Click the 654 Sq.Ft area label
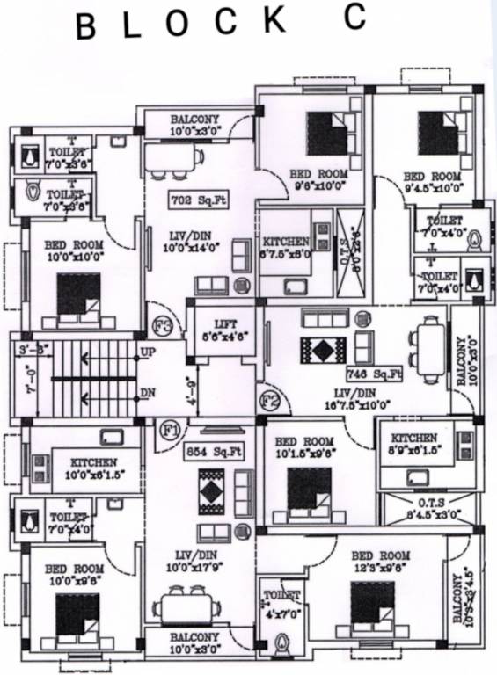pyautogui.click(x=214, y=452)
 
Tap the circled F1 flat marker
pyautogui.click(x=172, y=432)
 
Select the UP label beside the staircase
pyautogui.click(x=148, y=353)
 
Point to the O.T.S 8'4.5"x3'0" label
pyautogui.click(x=427, y=510)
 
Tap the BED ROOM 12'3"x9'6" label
pyautogui.click(x=380, y=562)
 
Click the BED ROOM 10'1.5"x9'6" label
pyautogui.click(x=302, y=447)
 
